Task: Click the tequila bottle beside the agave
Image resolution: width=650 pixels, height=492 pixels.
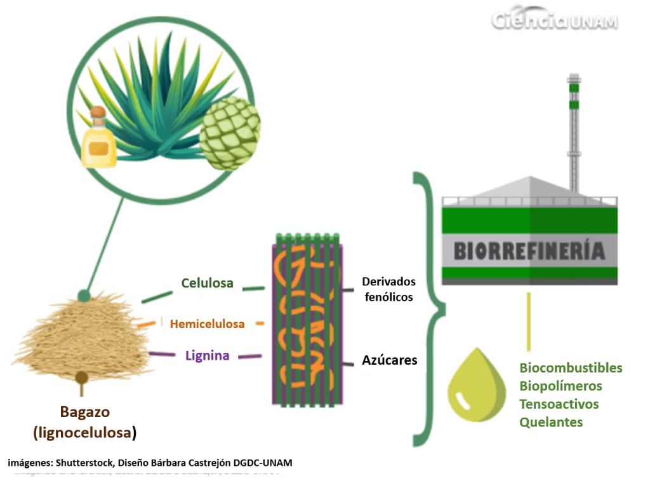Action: coord(99,138)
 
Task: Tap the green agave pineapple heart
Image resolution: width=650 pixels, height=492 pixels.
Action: coord(230,133)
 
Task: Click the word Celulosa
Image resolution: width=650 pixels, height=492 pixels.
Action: coord(207,283)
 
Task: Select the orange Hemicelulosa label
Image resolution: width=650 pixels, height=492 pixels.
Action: coord(208,324)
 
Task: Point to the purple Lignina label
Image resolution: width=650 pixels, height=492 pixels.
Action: coord(208,355)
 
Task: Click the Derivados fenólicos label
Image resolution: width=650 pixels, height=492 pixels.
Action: coord(388,289)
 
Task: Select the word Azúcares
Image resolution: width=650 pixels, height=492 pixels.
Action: coord(390,360)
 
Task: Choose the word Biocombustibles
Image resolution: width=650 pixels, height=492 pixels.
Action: coord(571,368)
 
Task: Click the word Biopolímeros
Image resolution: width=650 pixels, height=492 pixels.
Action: coord(560,386)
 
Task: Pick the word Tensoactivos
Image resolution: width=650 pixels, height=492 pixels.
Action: coord(559,404)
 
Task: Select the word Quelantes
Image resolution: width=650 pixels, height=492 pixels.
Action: coord(551,421)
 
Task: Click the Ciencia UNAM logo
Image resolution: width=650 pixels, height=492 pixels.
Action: coord(554,22)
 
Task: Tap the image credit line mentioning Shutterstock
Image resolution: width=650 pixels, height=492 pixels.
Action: coord(150,463)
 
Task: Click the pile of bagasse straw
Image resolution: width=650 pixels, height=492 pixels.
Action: coord(83,338)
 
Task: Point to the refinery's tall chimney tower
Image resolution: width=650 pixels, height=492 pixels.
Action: coord(574,133)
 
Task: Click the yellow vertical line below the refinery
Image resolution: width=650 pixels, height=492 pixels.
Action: coord(529,322)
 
